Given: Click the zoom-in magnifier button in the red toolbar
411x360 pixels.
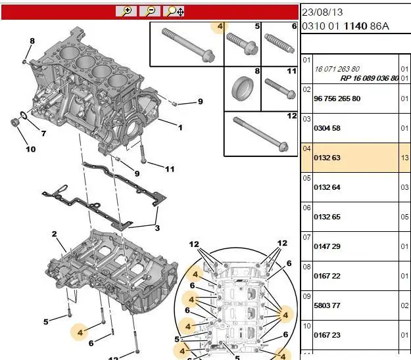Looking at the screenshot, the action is (x=126, y=11).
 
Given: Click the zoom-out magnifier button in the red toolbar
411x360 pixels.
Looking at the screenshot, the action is (x=150, y=11).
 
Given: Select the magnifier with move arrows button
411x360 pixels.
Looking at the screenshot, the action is (x=174, y=11).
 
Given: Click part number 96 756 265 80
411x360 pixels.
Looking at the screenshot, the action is (x=337, y=99).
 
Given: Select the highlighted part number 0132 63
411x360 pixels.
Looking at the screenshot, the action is (x=327, y=158).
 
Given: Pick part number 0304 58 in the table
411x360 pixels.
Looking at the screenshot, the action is (x=327, y=128).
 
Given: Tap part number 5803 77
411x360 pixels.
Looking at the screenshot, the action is (x=327, y=305).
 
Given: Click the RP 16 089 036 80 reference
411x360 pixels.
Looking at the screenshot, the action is (x=370, y=78).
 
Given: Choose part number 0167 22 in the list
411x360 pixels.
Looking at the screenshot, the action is (x=327, y=276).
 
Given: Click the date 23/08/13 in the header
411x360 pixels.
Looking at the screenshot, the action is (x=322, y=12).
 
